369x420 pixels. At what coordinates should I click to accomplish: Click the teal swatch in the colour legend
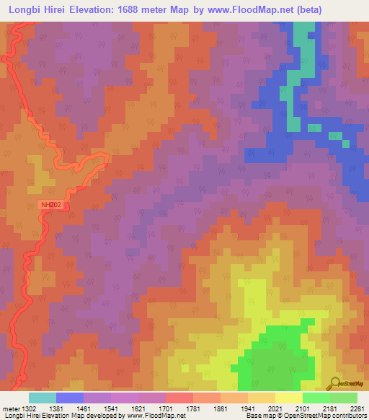point(42,398)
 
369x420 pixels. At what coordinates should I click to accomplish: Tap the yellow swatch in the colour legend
point(288,398)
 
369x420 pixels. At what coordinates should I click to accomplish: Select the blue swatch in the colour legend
point(70,398)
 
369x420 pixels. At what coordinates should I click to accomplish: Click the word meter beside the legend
point(10,408)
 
